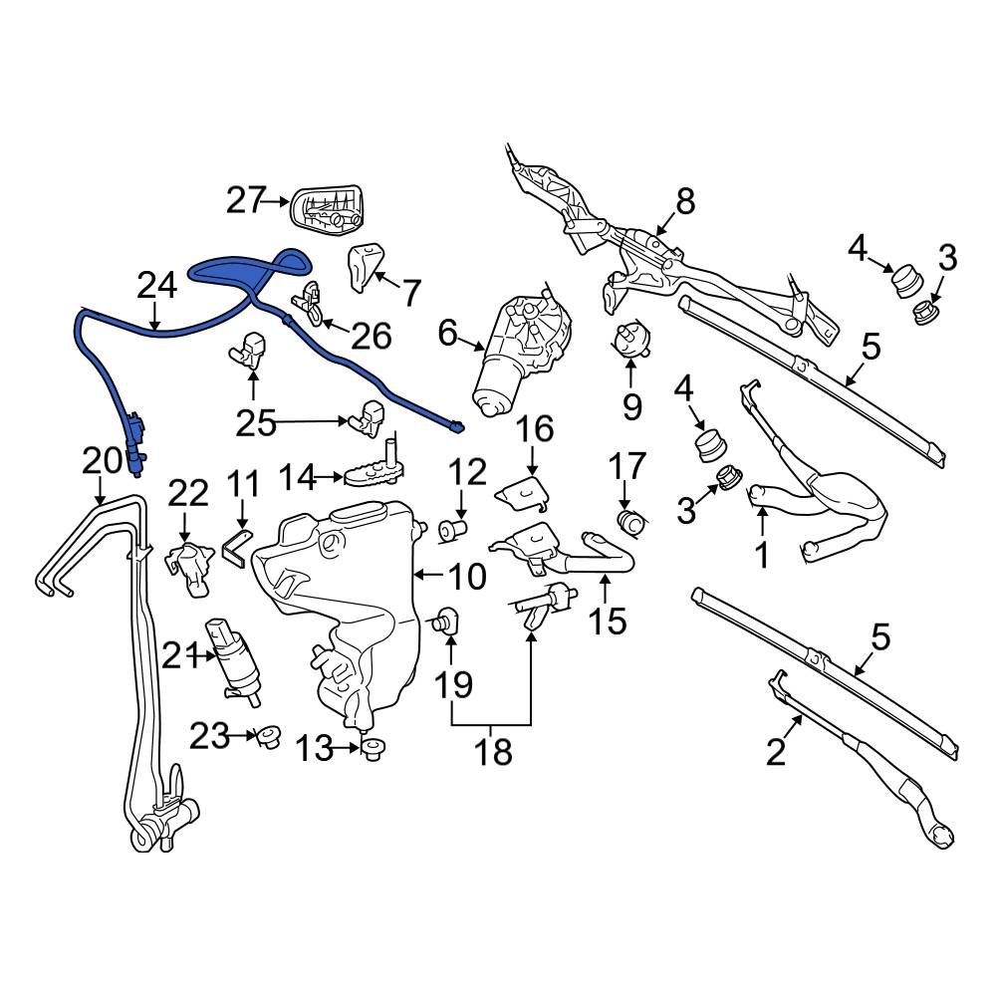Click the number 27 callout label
point(244,200)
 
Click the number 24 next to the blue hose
point(156,286)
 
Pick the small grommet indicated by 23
point(266,738)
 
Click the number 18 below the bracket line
point(492,752)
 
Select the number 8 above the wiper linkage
point(685,202)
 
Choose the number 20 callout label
point(101,460)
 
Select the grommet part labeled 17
point(630,521)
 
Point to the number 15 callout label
point(608,621)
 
